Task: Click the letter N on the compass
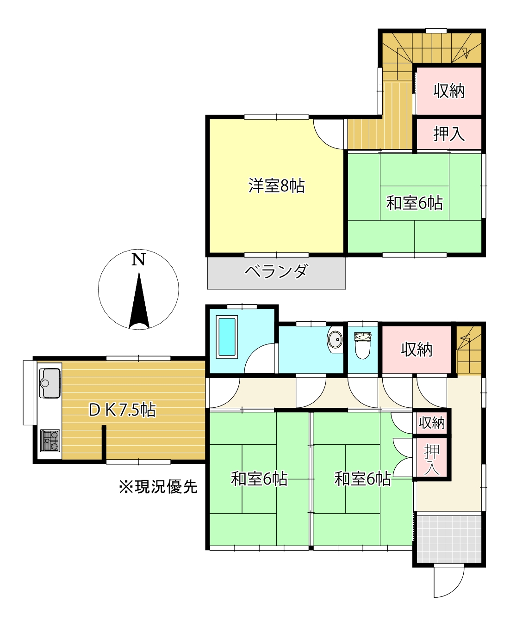pyautogui.click(x=138, y=259)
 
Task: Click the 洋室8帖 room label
pyautogui.click(x=276, y=186)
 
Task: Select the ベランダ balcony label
pyautogui.click(x=276, y=271)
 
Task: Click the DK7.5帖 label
pyautogui.click(x=122, y=410)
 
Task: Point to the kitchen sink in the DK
pyautogui.click(x=50, y=383)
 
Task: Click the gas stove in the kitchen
pyautogui.click(x=50, y=440)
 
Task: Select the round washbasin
pyautogui.click(x=335, y=340)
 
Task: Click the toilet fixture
pyautogui.click(x=363, y=345)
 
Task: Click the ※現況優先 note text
pyautogui.click(x=158, y=487)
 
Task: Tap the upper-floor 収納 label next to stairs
pyautogui.click(x=449, y=91)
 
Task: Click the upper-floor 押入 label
pyautogui.click(x=449, y=134)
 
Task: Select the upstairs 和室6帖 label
pyautogui.click(x=415, y=203)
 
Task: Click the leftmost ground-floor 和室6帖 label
pyautogui.click(x=259, y=479)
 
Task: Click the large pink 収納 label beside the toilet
pyautogui.click(x=417, y=350)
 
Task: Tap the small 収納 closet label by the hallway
pyautogui.click(x=431, y=423)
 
